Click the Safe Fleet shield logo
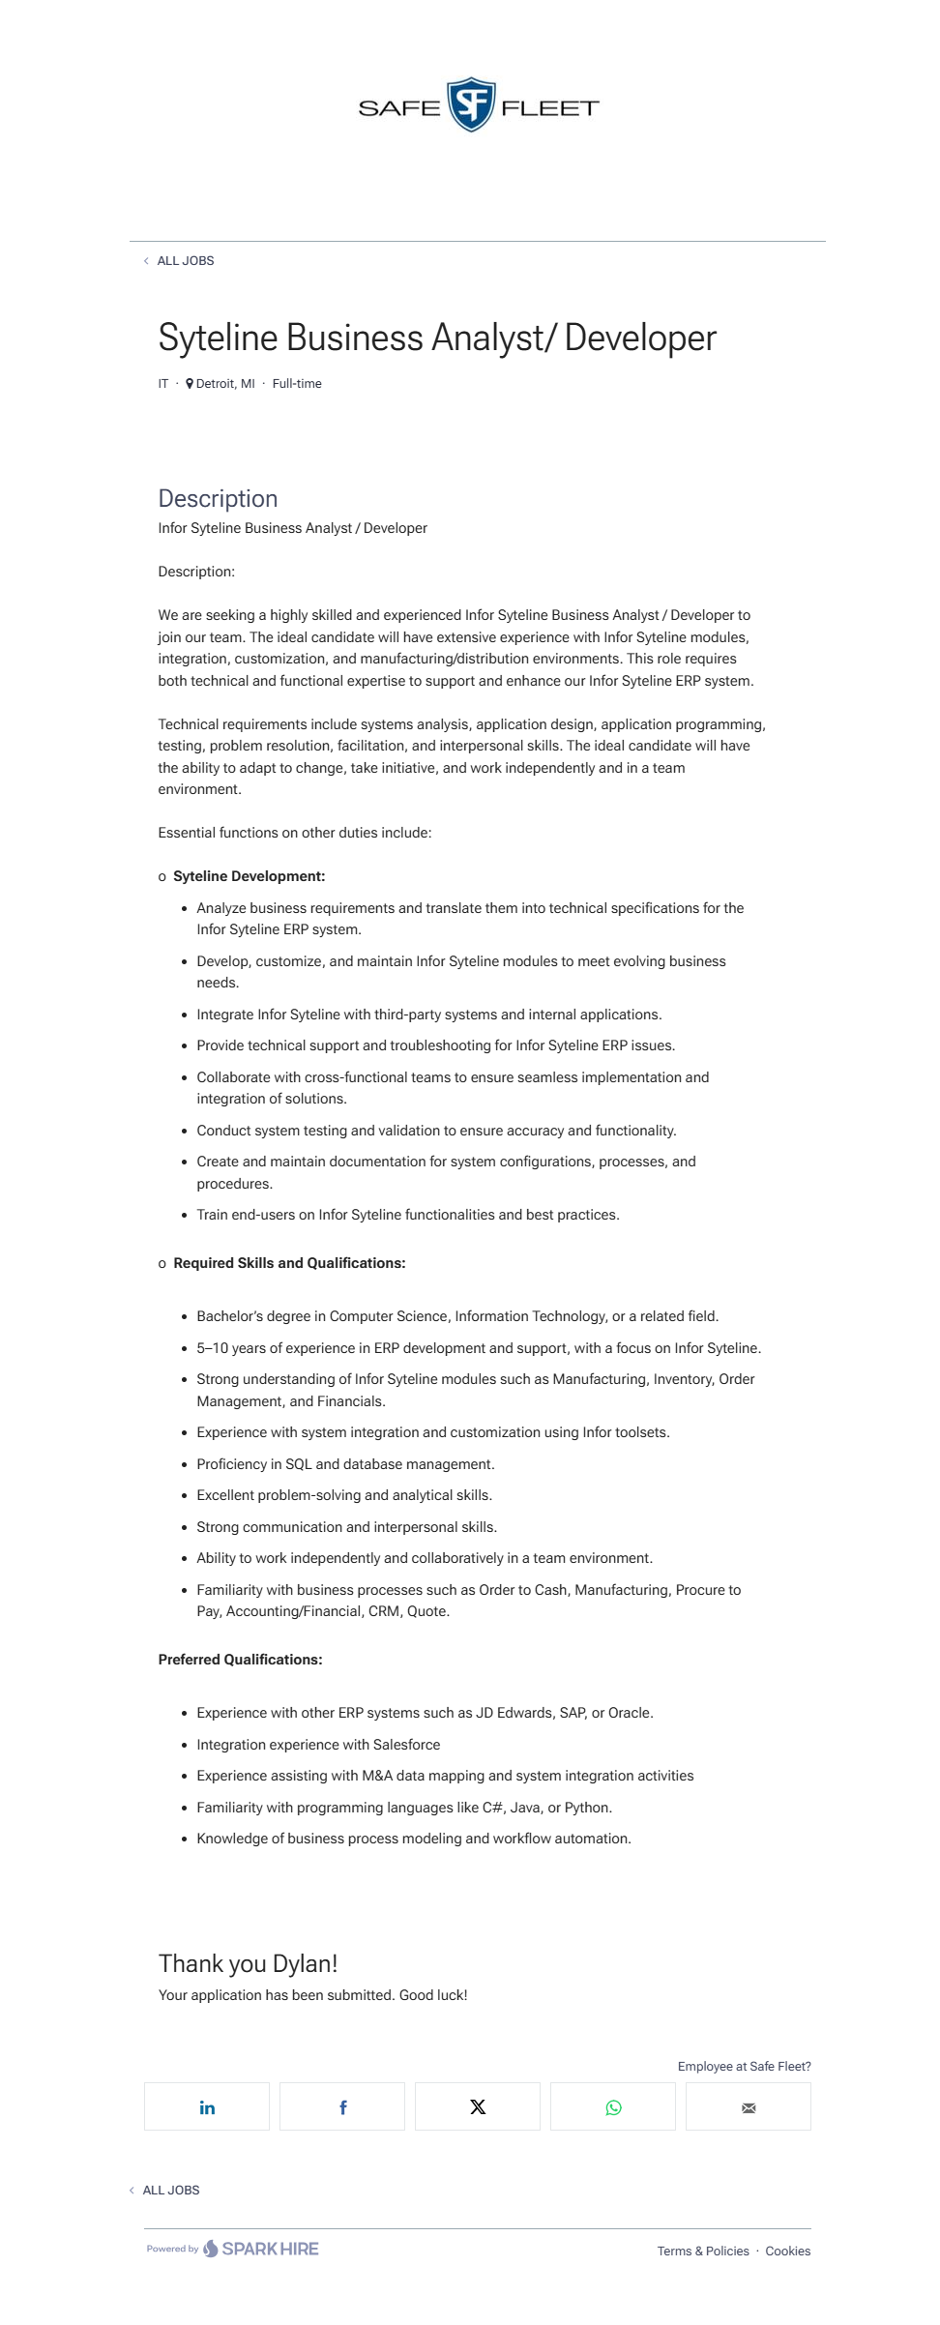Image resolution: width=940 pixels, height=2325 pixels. pyautogui.click(x=471, y=105)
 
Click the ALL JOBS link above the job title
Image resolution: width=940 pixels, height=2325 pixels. pyautogui.click(x=185, y=261)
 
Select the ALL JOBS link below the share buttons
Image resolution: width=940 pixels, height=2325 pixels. pyautogui.click(x=170, y=2190)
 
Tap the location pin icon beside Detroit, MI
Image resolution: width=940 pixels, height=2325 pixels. pyautogui.click(x=190, y=384)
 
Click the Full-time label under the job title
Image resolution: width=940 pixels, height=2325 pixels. pyautogui.click(x=297, y=384)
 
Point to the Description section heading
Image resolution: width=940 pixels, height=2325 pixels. pyautogui.click(x=218, y=499)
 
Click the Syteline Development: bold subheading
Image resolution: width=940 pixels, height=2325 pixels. pyautogui.click(x=249, y=876)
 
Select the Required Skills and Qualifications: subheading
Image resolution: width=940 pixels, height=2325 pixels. pyautogui.click(x=289, y=1263)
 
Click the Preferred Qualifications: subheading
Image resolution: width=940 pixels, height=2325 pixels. pyautogui.click(x=240, y=1660)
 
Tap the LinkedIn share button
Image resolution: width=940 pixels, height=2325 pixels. pyautogui.click(x=207, y=2107)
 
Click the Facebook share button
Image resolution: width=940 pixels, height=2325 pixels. pyautogui.click(x=342, y=2107)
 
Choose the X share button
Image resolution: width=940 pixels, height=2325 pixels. pyautogui.click(x=478, y=2107)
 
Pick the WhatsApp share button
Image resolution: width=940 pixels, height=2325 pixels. pyautogui.click(x=613, y=2107)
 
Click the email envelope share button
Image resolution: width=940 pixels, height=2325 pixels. pyautogui.click(x=749, y=2107)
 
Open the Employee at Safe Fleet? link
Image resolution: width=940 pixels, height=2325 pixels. pyautogui.click(x=744, y=2067)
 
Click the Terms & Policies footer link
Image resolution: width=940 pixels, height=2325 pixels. pyautogui.click(x=703, y=2251)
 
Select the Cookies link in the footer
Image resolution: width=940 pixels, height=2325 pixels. pyautogui.click(x=787, y=2251)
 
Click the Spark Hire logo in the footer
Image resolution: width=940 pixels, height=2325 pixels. pyautogui.click(x=261, y=2249)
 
